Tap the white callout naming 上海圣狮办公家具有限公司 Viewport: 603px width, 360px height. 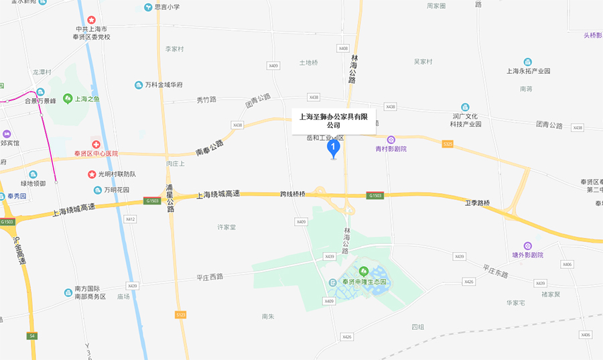[334, 121]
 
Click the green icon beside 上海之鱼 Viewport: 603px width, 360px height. [68, 99]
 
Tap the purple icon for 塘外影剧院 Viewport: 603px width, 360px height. [528, 246]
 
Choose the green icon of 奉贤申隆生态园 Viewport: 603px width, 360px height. [364, 272]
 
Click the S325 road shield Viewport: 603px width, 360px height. [448, 143]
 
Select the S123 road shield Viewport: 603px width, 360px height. [180, 314]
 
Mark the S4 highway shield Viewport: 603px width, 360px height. [31, 335]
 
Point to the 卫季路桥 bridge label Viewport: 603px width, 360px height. [478, 202]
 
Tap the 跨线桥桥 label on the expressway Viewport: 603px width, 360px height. [292, 194]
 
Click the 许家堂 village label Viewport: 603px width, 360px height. [226, 227]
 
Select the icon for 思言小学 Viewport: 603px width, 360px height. [149, 7]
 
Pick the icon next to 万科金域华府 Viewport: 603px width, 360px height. [138, 85]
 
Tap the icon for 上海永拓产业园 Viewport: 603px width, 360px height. [528, 62]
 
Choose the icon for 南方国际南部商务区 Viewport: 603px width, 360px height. [68, 292]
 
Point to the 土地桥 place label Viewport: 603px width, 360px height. [308, 62]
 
